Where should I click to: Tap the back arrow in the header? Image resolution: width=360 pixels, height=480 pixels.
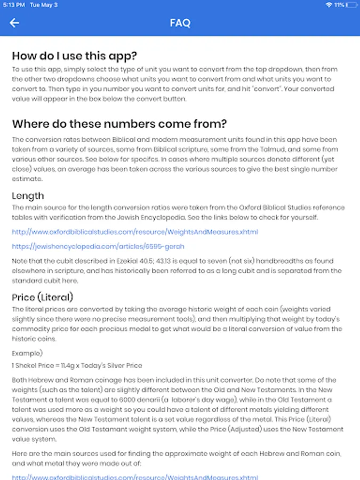[14, 23]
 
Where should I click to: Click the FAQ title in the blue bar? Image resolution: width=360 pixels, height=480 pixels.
[180, 23]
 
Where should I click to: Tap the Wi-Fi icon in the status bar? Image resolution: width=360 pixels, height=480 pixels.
[329, 5]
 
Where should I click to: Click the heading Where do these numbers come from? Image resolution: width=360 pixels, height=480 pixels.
[119, 124]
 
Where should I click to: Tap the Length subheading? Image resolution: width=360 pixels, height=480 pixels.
[28, 196]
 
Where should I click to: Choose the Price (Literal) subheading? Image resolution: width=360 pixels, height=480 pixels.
[43, 297]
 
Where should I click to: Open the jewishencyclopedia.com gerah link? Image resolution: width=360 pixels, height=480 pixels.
[98, 246]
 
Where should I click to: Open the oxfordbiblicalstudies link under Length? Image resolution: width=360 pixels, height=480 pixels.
[135, 232]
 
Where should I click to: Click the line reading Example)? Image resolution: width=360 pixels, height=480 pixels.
[27, 353]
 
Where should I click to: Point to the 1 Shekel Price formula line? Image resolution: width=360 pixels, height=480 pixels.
[77, 365]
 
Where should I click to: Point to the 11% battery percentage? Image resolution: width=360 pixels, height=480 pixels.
[339, 5]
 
